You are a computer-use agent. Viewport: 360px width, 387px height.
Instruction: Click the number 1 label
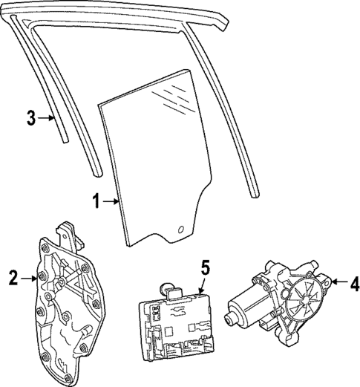coord(96,201)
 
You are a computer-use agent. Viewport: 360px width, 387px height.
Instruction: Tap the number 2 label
coord(13,279)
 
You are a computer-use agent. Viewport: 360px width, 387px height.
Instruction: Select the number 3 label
coord(30,117)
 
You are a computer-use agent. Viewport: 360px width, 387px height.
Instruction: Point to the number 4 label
coord(353,282)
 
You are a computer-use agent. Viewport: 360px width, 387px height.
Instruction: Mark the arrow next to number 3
coord(46,117)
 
